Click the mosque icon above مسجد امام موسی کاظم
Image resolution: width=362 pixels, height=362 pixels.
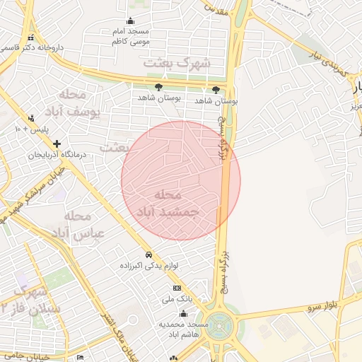tap(130, 21)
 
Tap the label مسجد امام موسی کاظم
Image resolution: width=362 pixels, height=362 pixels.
tap(129, 37)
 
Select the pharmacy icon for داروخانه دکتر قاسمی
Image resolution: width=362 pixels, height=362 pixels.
tap(29, 38)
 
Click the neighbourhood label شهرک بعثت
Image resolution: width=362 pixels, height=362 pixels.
tap(177, 62)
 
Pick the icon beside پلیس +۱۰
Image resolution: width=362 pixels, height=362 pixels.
tap(30, 118)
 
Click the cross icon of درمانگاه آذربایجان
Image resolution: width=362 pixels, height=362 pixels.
tap(57, 144)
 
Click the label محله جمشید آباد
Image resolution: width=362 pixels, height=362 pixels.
tap(168, 202)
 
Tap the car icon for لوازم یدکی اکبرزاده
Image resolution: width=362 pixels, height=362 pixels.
tap(148, 255)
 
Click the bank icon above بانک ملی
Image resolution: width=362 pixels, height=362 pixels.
tap(177, 288)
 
